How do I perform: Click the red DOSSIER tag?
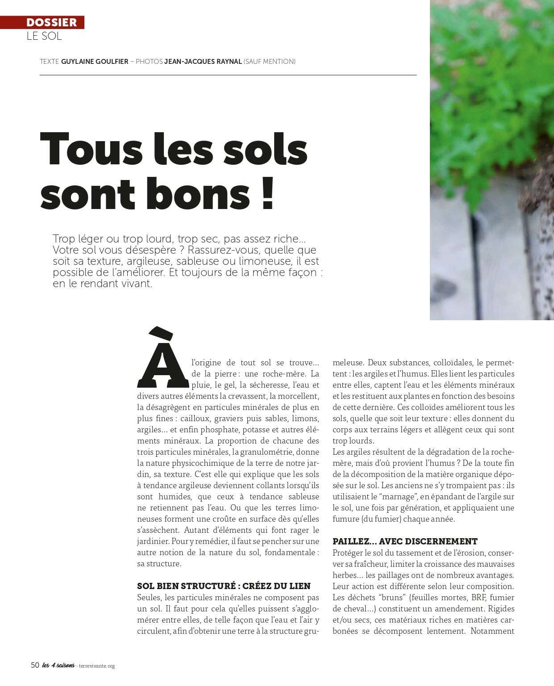[51, 22]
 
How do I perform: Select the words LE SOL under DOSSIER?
[44, 36]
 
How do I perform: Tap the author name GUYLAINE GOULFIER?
[95, 62]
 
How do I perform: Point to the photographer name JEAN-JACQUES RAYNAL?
[203, 62]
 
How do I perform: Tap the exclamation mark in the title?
[267, 194]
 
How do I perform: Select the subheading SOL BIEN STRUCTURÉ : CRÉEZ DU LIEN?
[224, 586]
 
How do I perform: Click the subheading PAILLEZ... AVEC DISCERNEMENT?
[405, 541]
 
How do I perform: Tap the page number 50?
[35, 665]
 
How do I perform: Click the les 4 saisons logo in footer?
[58, 665]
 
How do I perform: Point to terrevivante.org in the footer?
[97, 666]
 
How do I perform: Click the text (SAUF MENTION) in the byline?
[270, 62]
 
